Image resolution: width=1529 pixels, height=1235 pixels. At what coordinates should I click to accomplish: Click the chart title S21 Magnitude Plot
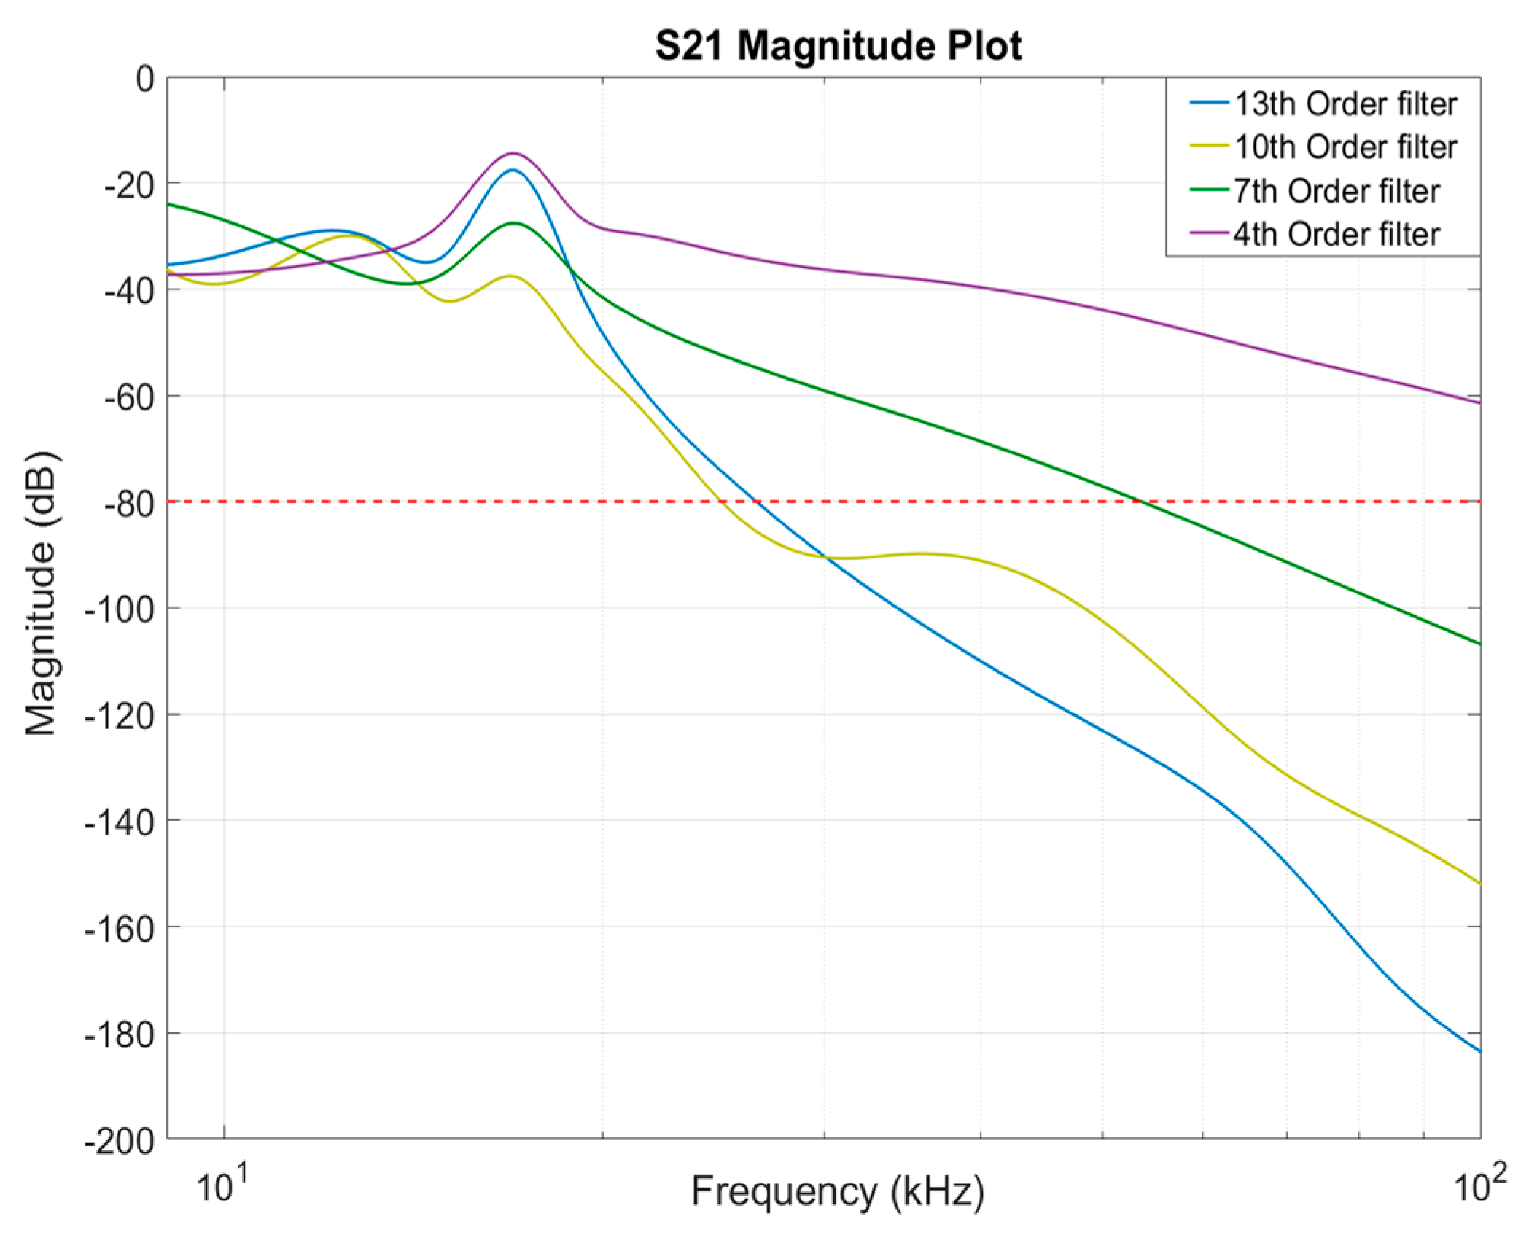pos(839,46)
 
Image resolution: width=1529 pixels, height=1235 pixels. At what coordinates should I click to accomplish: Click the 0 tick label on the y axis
pos(145,79)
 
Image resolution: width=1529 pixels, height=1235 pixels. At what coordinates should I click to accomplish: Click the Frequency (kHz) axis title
pos(837,1191)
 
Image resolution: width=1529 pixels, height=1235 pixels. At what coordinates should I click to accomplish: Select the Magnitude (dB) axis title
pos(42,593)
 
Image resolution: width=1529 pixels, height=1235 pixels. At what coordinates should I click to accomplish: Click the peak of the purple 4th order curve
pos(513,153)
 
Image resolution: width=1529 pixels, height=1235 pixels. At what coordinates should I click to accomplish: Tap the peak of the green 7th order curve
pos(514,223)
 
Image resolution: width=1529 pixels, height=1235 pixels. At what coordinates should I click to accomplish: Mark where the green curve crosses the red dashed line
pos(1140,502)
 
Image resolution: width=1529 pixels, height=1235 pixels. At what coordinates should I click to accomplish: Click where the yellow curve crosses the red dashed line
pos(722,502)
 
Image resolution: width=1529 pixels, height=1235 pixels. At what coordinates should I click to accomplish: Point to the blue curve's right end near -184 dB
pos(1479,1051)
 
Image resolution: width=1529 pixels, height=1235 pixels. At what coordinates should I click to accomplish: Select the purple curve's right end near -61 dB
pos(1479,402)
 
